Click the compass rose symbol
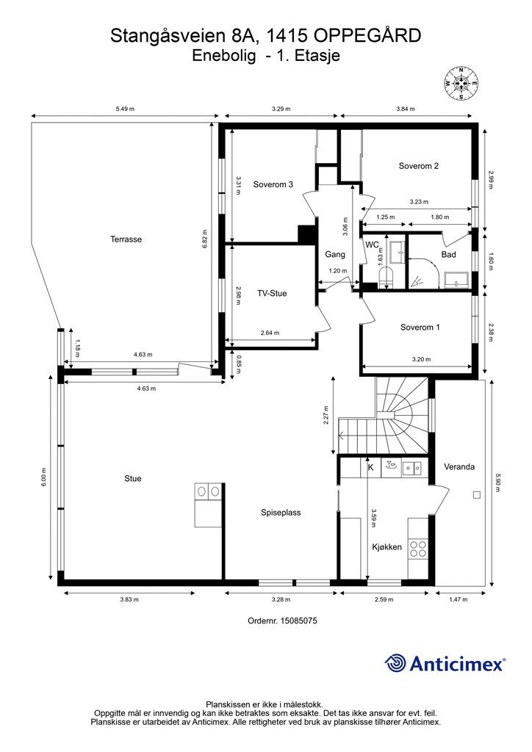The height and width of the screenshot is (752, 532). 461,83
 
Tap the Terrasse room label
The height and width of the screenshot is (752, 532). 126,239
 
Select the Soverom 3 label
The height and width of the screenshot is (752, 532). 273,184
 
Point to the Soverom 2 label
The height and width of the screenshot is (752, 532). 419,166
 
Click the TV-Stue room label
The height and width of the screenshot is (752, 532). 272,294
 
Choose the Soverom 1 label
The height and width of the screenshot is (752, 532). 420,328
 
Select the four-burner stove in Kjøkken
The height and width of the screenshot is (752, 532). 417,549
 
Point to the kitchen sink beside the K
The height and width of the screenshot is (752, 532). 411,467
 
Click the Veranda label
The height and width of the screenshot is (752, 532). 459,466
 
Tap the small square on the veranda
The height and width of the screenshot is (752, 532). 476,495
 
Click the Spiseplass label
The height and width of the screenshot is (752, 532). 281,513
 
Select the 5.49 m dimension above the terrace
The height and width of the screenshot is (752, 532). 125,109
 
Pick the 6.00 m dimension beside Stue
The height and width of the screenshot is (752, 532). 43,477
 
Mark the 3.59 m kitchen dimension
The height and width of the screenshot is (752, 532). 373,518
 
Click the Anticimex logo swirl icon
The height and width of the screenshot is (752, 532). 395,664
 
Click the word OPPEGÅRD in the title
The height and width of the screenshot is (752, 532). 367,36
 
